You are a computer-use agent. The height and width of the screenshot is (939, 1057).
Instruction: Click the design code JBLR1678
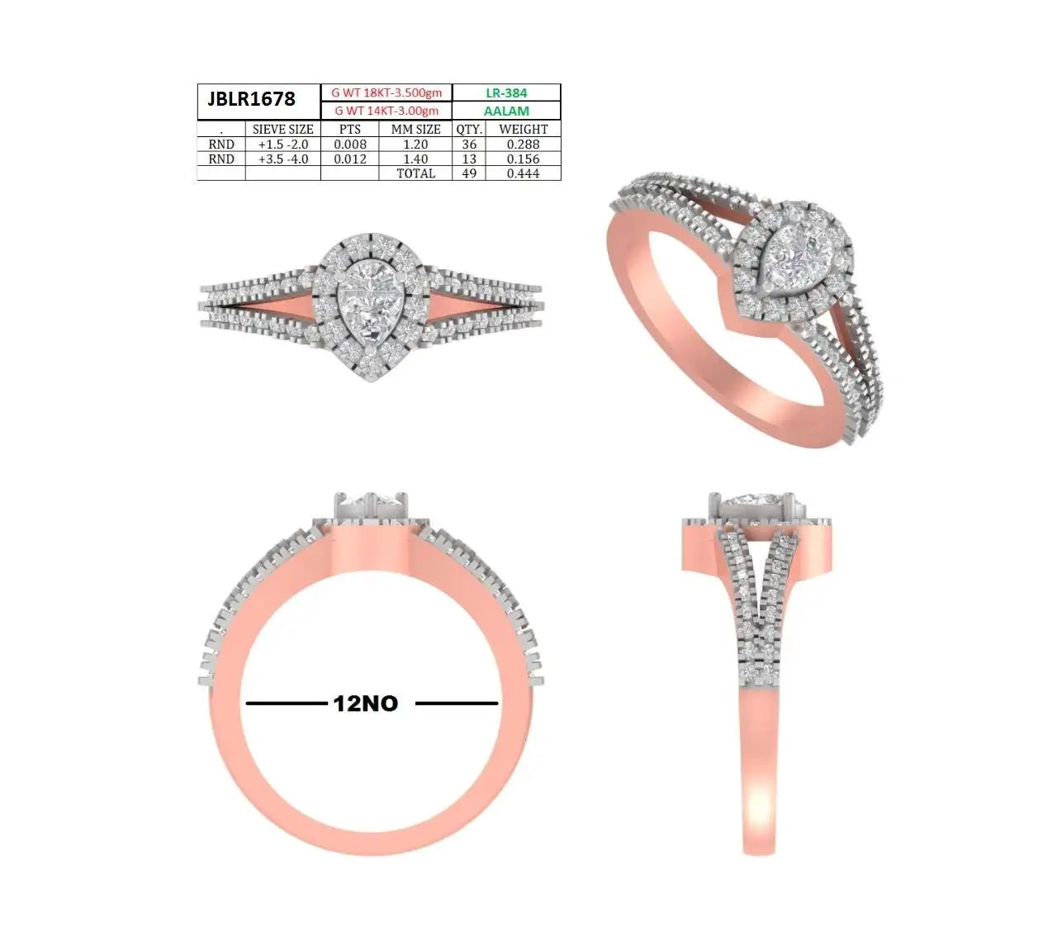pyautogui.click(x=251, y=98)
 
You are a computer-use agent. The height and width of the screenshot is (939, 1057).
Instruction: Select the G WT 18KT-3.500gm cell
pyautogui.click(x=386, y=92)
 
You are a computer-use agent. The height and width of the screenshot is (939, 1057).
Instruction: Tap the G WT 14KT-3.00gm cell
pyautogui.click(x=386, y=111)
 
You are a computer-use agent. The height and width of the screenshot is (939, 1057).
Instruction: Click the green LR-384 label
pyautogui.click(x=506, y=92)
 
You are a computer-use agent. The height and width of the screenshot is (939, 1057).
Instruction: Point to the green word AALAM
pyautogui.click(x=506, y=111)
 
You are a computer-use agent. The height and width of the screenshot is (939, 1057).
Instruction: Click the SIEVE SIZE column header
pyautogui.click(x=282, y=129)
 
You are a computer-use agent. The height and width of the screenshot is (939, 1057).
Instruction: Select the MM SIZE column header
pyautogui.click(x=415, y=129)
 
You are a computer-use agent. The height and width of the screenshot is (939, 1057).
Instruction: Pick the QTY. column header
pyautogui.click(x=469, y=129)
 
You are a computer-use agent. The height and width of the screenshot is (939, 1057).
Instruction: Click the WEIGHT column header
pyautogui.click(x=523, y=129)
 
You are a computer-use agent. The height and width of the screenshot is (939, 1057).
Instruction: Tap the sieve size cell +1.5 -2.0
pyautogui.click(x=282, y=144)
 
